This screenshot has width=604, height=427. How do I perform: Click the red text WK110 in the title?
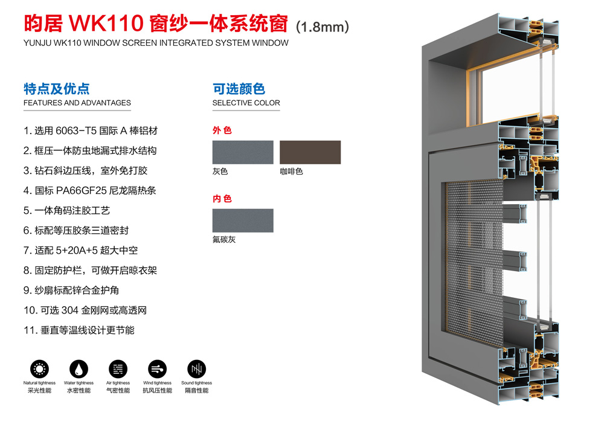pos(106,24)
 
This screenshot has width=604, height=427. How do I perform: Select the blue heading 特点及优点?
pos(57,89)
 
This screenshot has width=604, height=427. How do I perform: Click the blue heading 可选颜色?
pos(239,89)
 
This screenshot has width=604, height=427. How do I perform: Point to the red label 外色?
pos(222,130)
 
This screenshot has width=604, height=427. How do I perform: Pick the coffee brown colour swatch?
pos(310,152)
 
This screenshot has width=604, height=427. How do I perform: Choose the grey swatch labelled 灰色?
pos(242,152)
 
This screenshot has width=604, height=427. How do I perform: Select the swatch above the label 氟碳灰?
pos(242,220)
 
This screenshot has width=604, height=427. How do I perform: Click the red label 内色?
pos(222,199)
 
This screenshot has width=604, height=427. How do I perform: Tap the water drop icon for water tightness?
pos(79,368)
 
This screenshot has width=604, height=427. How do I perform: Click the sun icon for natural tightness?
pos(40,368)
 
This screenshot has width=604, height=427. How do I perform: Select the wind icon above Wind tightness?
pos(157,368)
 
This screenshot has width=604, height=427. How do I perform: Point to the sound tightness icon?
pos(196,368)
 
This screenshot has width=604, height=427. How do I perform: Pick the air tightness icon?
pos(118,368)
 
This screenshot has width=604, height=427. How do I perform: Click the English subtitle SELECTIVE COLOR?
pos(246,103)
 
